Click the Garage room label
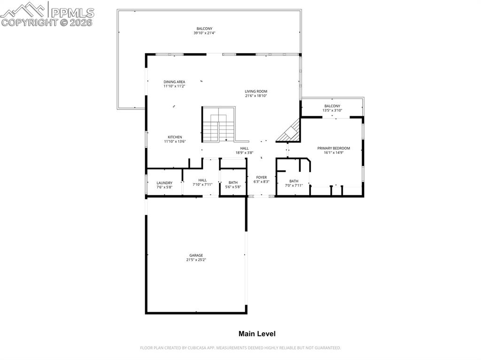pyautogui.click(x=196, y=255)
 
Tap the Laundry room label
pyautogui.click(x=164, y=183)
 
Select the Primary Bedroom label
pyautogui.click(x=334, y=148)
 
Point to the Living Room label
pyautogui.click(x=256, y=92)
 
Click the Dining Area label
pyautogui.click(x=174, y=82)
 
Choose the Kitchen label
pyautogui.click(x=175, y=137)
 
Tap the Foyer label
pyautogui.click(x=261, y=177)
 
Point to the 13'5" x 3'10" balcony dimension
pyautogui.click(x=332, y=110)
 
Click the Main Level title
pyautogui.click(x=257, y=334)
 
